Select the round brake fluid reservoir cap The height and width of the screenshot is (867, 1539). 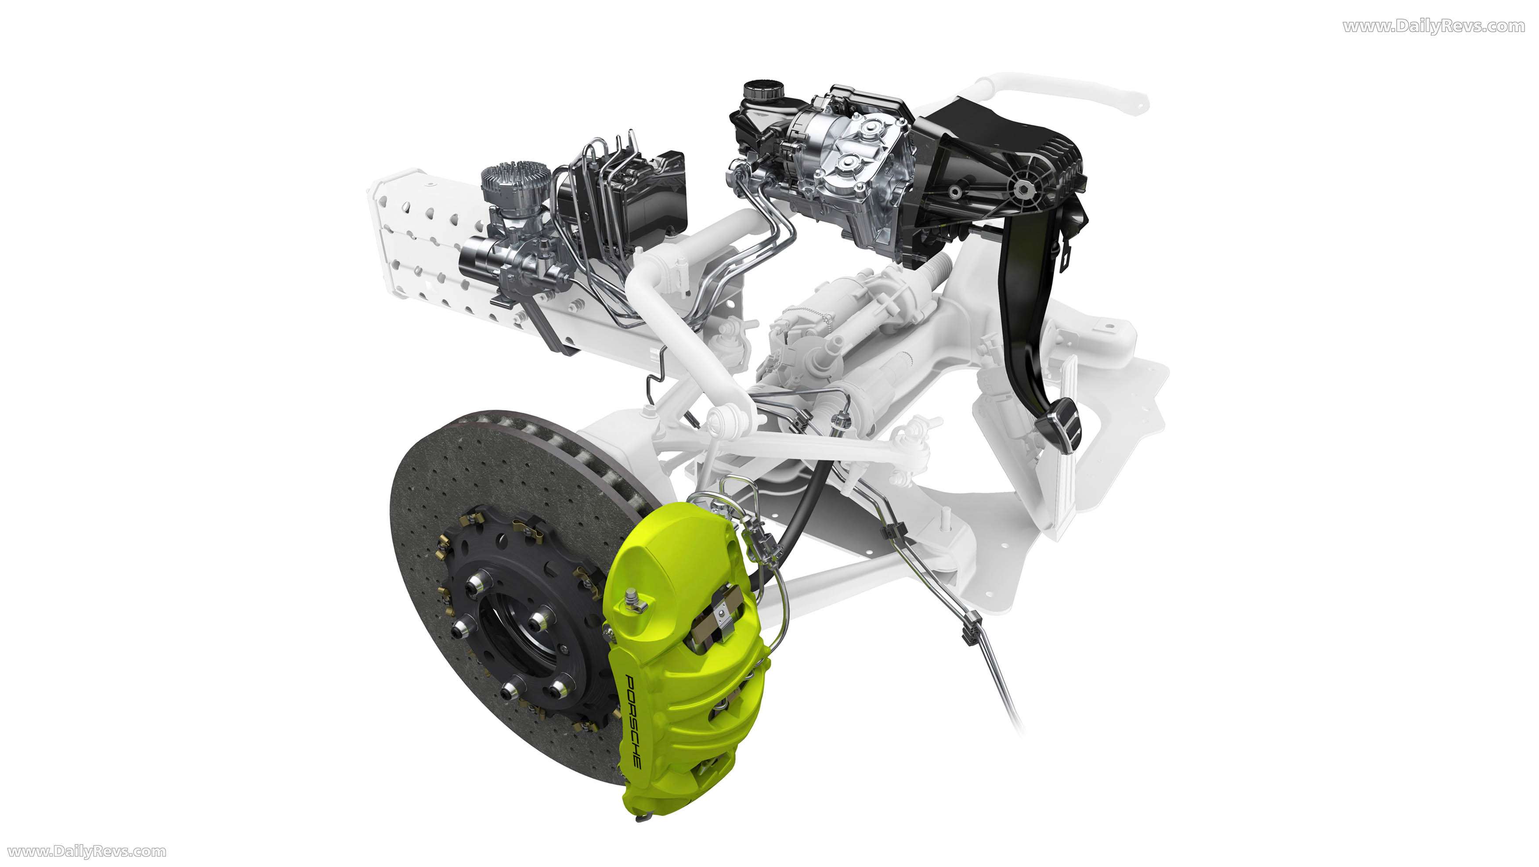tap(763, 91)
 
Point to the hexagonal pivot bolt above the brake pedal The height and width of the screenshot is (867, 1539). tap(1023, 189)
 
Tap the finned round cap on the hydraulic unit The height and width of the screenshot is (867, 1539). tap(515, 179)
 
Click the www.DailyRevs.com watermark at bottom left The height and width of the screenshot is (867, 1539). tap(87, 852)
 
